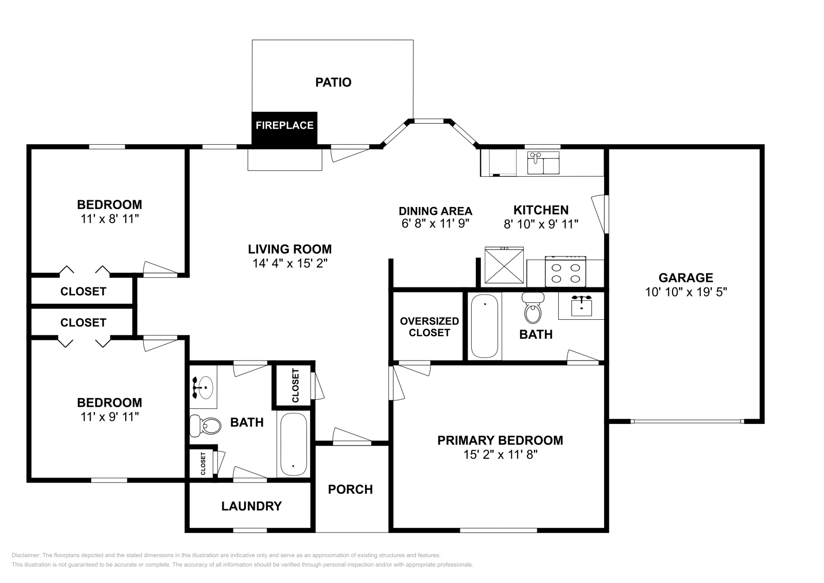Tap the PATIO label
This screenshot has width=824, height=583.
(x=333, y=82)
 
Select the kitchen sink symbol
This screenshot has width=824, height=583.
(x=543, y=163)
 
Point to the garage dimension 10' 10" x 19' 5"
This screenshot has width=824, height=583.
(x=685, y=292)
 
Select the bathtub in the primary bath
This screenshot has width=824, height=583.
(x=486, y=325)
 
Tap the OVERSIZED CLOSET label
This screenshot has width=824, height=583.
(x=429, y=327)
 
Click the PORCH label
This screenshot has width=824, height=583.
(x=350, y=489)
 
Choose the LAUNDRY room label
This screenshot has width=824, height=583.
(x=251, y=506)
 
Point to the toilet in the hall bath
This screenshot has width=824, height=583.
(x=204, y=426)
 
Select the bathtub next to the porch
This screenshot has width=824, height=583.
(x=294, y=444)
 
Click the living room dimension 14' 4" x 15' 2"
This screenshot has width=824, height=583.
(x=290, y=263)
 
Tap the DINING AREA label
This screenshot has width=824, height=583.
(x=435, y=211)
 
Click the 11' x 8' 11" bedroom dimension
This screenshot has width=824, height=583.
(x=110, y=218)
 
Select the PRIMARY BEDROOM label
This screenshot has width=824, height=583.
(x=500, y=440)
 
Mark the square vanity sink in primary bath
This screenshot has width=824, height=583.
(x=581, y=307)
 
